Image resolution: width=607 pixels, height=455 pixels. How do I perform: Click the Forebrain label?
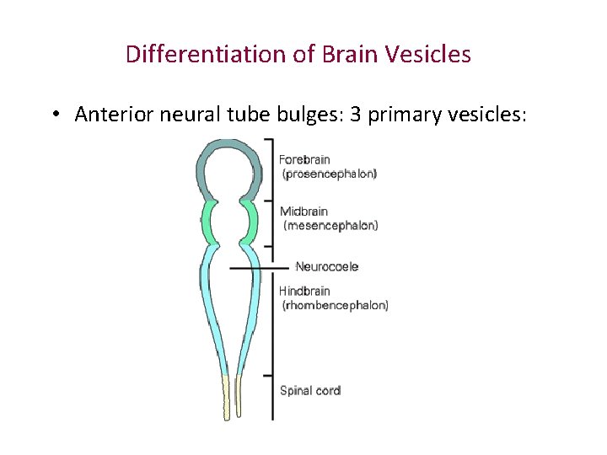pyautogui.click(x=304, y=159)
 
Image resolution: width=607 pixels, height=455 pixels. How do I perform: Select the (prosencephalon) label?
pyautogui.click(x=330, y=174)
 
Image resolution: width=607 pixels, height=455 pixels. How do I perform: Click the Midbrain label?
pyautogui.click(x=304, y=211)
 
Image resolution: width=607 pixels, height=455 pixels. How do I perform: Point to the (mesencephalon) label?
pyautogui.click(x=330, y=225)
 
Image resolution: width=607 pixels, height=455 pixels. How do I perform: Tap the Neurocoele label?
pyautogui.click(x=327, y=266)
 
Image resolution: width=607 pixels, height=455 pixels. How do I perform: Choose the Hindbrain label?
pyautogui.click(x=304, y=291)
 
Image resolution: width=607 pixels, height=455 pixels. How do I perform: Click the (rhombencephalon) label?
pyautogui.click(x=335, y=305)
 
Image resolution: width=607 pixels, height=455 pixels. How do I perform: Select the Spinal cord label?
pyautogui.click(x=310, y=390)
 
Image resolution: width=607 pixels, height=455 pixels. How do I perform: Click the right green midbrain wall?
pyautogui.click(x=251, y=221)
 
